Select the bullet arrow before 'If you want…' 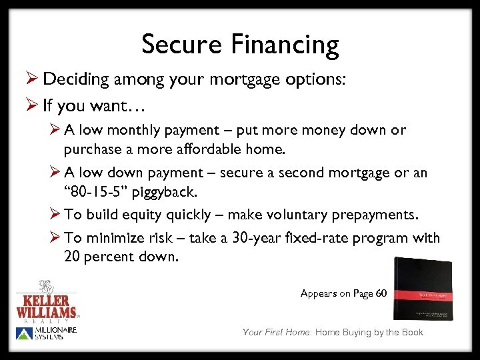point(30,105)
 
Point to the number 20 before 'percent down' point(72,257)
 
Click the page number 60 point(380,293)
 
